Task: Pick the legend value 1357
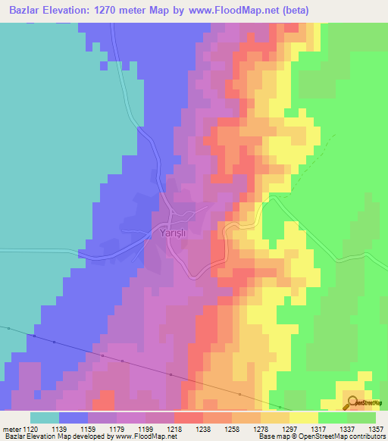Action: (376, 428)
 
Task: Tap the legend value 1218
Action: (175, 428)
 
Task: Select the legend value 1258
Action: (233, 428)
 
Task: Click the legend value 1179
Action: (118, 428)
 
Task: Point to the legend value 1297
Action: (289, 428)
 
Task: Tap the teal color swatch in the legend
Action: (45, 418)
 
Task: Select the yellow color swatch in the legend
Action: (303, 418)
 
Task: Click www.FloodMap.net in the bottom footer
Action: (126, 436)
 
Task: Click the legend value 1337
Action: (347, 428)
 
